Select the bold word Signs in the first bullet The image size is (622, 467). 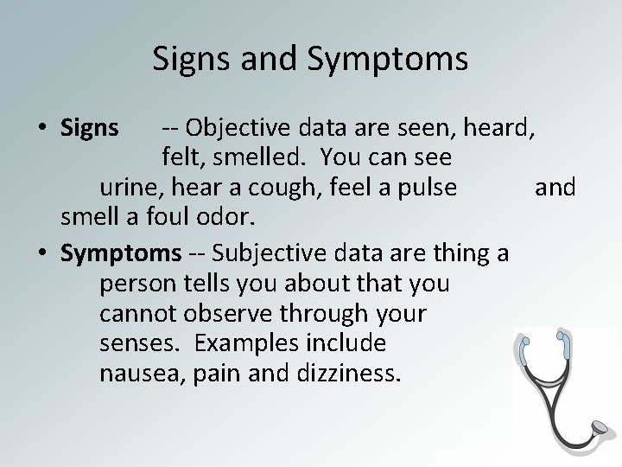pos(90,129)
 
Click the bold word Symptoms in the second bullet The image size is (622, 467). pos(121,253)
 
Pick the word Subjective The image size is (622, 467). pos(270,253)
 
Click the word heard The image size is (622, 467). pos(502,129)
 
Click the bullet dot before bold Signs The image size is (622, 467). pos(41,130)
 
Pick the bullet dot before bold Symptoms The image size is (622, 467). pos(41,253)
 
